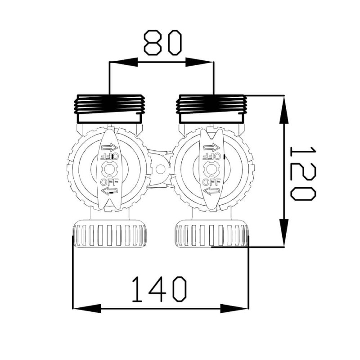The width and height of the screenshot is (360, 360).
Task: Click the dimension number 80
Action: (163, 42)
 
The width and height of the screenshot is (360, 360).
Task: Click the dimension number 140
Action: (159, 289)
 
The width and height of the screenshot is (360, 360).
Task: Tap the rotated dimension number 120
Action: (303, 173)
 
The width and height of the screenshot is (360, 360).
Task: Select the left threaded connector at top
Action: (110, 108)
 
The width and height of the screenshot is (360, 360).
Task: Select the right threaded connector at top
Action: (211, 108)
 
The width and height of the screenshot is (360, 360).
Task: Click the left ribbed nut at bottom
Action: (110, 233)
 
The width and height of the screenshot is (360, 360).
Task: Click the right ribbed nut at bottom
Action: (211, 233)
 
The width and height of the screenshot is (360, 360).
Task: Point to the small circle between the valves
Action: (161, 170)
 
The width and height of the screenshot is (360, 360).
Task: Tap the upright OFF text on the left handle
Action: (109, 182)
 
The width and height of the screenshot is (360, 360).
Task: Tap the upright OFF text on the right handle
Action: (211, 182)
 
